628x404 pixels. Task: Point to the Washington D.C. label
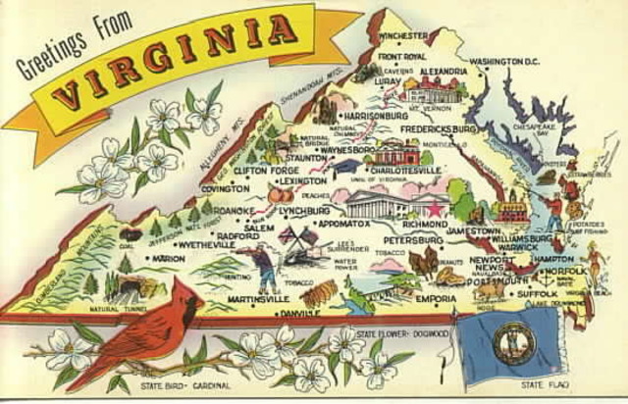pos(505,62)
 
